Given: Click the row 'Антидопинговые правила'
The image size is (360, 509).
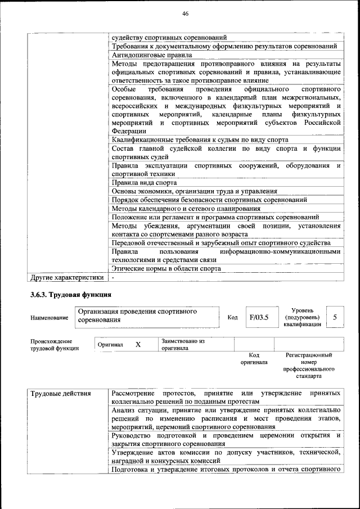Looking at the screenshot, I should (152, 55).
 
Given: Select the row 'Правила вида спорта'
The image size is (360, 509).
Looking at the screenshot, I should (144, 182).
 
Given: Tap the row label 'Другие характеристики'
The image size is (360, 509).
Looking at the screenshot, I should (67, 277).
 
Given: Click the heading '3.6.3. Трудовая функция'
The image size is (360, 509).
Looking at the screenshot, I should (71, 294).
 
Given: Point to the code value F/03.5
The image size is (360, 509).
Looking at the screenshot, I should (259, 317).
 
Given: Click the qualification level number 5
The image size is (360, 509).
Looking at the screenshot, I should (335, 317).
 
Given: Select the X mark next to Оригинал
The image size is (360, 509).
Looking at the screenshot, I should (138, 344).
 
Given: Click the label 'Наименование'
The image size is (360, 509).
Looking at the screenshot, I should (49, 318).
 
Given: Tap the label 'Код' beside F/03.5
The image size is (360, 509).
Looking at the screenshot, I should (232, 318).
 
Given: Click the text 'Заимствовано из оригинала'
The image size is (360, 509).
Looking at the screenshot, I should (183, 344).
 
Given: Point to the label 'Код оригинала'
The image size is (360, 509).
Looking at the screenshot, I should (254, 359).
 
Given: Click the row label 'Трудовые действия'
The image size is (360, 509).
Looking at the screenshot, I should (60, 393).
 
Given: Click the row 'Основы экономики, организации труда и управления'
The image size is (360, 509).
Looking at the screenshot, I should (194, 191).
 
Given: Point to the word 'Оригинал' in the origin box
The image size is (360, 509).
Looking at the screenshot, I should (110, 344).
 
